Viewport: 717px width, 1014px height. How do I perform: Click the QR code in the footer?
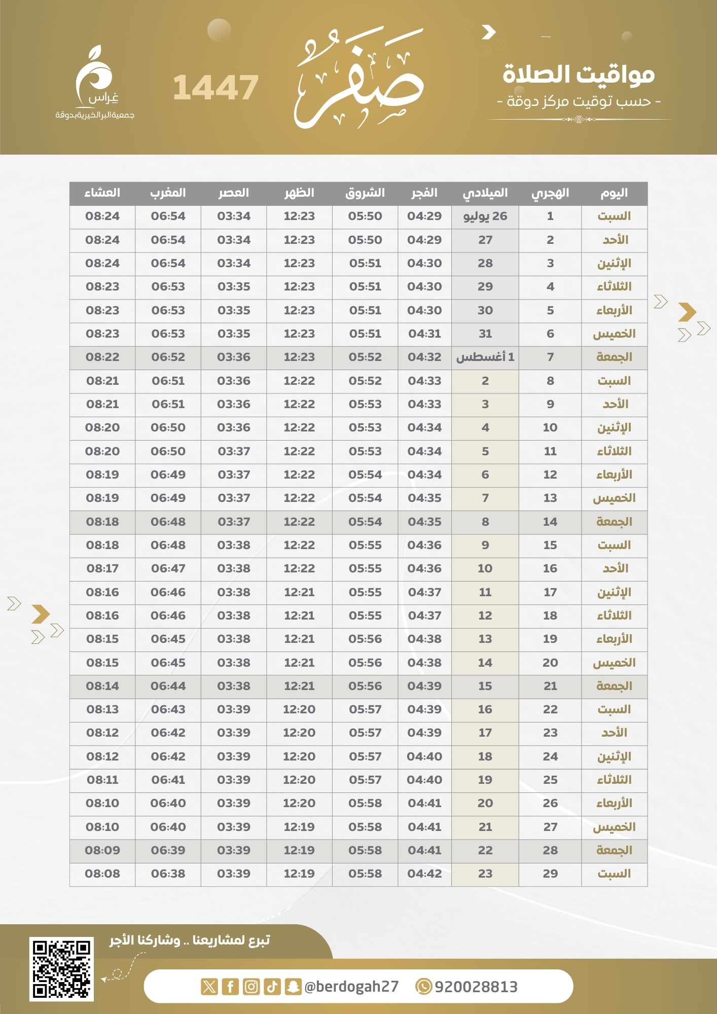pyautogui.click(x=61, y=969)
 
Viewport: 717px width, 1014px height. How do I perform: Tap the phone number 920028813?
pyautogui.click(x=476, y=987)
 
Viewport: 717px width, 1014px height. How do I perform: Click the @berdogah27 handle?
pyautogui.click(x=351, y=987)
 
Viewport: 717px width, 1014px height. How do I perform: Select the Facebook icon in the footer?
pyautogui.click(x=230, y=987)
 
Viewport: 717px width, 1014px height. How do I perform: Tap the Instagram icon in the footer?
pyautogui.click(x=251, y=987)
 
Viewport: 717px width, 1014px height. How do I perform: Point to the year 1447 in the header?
pyautogui.click(x=216, y=88)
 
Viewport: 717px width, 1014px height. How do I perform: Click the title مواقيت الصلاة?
pyautogui.click(x=579, y=74)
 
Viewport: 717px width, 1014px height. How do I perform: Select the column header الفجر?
pyautogui.click(x=424, y=193)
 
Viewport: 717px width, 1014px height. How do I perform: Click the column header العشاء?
pyautogui.click(x=102, y=193)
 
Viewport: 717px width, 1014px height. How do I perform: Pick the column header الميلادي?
pyautogui.click(x=485, y=193)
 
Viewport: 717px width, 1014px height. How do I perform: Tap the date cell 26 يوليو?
pyautogui.click(x=485, y=216)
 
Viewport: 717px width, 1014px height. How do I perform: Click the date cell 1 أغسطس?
pyautogui.click(x=485, y=357)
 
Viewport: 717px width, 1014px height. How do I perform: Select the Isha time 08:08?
pyautogui.click(x=102, y=874)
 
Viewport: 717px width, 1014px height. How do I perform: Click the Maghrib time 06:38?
pyautogui.click(x=168, y=874)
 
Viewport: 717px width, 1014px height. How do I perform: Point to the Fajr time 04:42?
pyautogui.click(x=424, y=874)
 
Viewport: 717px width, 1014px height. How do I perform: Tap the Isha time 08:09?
pyautogui.click(x=102, y=850)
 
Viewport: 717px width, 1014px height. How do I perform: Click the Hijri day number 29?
pyautogui.click(x=550, y=874)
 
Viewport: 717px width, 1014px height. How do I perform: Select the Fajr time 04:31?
pyautogui.click(x=424, y=334)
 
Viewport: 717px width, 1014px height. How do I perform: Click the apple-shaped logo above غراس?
pyautogui.click(x=94, y=71)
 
